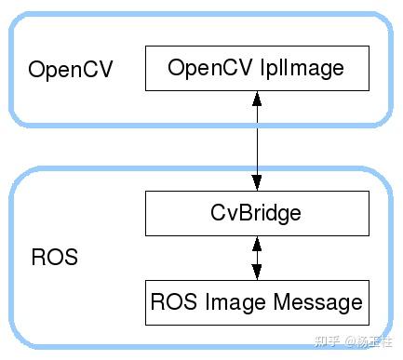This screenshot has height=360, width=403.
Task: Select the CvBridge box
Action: pos(256,212)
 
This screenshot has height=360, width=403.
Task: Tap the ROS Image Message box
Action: pos(256,301)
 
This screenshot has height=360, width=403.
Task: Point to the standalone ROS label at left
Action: pos(54,258)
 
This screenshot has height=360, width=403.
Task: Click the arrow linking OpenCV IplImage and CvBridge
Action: pos(256,140)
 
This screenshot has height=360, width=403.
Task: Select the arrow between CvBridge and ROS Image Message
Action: pos(256,257)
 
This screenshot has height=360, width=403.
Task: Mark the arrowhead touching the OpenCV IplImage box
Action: pos(256,98)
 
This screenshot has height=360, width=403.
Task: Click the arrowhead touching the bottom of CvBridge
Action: pos(256,243)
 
